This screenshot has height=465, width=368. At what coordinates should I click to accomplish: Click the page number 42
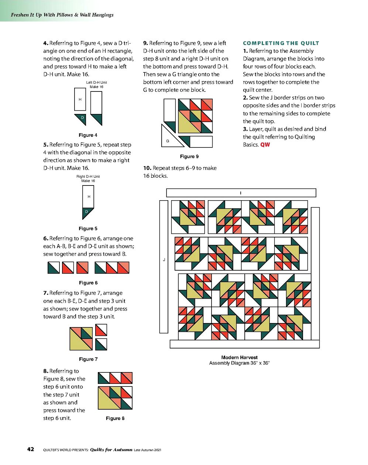[31, 449]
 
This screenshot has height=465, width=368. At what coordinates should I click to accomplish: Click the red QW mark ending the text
[265, 145]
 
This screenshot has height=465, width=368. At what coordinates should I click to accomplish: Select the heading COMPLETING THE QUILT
[281, 43]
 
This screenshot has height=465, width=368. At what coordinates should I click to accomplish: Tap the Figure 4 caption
[88, 135]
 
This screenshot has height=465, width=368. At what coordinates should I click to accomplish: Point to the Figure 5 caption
[88, 228]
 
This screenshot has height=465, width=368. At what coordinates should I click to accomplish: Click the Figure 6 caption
[88, 283]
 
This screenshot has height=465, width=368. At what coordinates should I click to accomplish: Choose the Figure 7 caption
[88, 359]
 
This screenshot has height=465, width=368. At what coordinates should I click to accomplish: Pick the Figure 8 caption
[115, 418]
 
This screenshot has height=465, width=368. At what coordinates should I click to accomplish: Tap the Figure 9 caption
[189, 156]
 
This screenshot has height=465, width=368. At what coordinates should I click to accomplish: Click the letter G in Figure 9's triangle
[168, 141]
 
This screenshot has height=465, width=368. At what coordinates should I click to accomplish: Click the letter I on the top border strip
[241, 193]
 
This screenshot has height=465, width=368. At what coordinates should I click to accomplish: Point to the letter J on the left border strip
[164, 260]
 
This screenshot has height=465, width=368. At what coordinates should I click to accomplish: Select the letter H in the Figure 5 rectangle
[89, 197]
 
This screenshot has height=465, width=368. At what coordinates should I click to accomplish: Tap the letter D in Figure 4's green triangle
[82, 118]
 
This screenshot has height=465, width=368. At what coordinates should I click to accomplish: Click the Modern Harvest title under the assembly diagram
[239, 357]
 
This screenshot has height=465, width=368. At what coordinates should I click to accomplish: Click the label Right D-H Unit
[88, 177]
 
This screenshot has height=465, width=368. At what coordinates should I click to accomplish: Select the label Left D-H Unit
[96, 83]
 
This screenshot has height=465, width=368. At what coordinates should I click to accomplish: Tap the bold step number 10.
[147, 168]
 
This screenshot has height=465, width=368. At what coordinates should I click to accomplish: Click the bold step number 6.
[46, 239]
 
